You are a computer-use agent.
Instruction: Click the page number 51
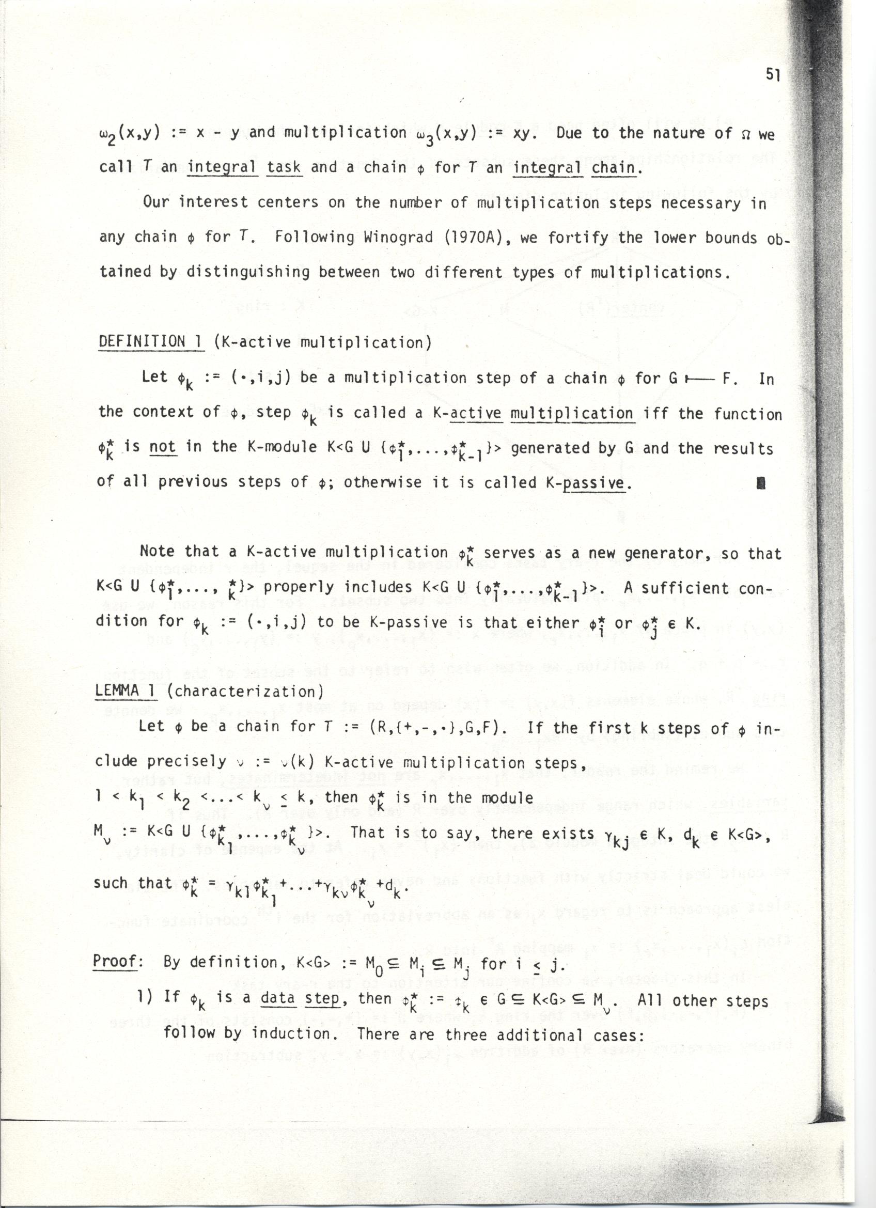772,75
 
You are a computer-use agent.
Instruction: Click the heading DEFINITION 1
151,341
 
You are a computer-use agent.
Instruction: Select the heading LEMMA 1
125,691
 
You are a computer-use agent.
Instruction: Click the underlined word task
285,167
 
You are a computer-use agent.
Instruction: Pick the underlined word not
162,447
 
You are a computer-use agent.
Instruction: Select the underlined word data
278,997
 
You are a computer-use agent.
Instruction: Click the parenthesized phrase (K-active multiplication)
322,342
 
